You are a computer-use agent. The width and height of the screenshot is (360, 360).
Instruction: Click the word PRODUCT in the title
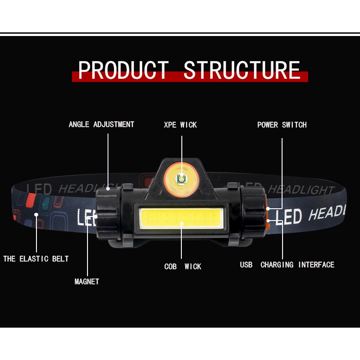[123, 70]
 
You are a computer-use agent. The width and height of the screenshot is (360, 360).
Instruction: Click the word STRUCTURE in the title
[242, 70]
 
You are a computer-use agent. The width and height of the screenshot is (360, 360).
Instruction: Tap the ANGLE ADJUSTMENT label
[102, 124]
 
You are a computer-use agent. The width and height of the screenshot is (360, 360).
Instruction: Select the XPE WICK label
[180, 125]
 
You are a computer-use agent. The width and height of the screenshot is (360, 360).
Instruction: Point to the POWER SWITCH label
[282, 125]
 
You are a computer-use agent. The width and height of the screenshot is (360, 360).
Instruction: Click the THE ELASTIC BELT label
[36, 259]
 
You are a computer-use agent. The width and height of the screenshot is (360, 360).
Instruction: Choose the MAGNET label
[87, 282]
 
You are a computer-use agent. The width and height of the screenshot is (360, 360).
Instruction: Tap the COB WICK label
[183, 266]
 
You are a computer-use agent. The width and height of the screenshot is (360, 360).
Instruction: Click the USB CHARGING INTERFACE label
[287, 265]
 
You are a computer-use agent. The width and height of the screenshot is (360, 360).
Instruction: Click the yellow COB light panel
[181, 218]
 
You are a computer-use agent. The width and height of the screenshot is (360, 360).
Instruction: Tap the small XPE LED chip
[181, 179]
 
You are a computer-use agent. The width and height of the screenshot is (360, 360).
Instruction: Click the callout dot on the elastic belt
[36, 215]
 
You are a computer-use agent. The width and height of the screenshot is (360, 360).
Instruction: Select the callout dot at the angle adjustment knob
[108, 189]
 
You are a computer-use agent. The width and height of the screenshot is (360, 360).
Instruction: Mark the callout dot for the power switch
[268, 209]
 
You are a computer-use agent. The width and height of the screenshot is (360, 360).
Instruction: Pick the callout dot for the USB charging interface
[268, 221]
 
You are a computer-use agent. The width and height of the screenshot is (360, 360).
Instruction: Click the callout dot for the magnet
[96, 216]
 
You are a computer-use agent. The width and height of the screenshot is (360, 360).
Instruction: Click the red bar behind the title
[190, 77]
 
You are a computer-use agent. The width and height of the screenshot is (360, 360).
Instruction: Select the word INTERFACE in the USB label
[316, 265]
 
